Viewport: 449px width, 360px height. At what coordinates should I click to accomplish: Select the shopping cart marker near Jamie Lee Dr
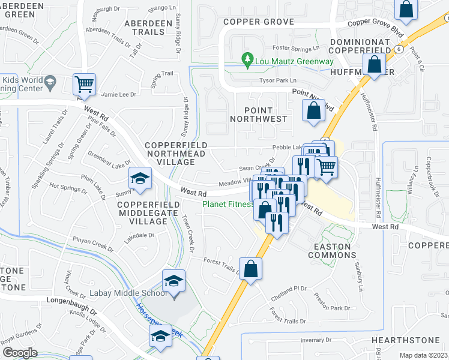[84, 85]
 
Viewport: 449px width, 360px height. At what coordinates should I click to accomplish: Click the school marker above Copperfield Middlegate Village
[139, 179]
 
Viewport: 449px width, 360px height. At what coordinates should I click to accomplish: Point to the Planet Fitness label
[228, 204]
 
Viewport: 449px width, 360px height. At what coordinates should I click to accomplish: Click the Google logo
[20, 353]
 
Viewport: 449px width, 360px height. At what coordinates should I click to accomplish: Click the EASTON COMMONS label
[332, 251]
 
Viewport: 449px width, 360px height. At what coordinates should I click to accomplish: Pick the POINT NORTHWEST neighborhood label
[259, 115]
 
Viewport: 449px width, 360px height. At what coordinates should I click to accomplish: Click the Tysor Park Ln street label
[277, 80]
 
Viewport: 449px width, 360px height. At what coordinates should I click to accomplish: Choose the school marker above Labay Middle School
[173, 280]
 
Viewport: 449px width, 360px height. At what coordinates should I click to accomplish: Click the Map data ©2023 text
[423, 355]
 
